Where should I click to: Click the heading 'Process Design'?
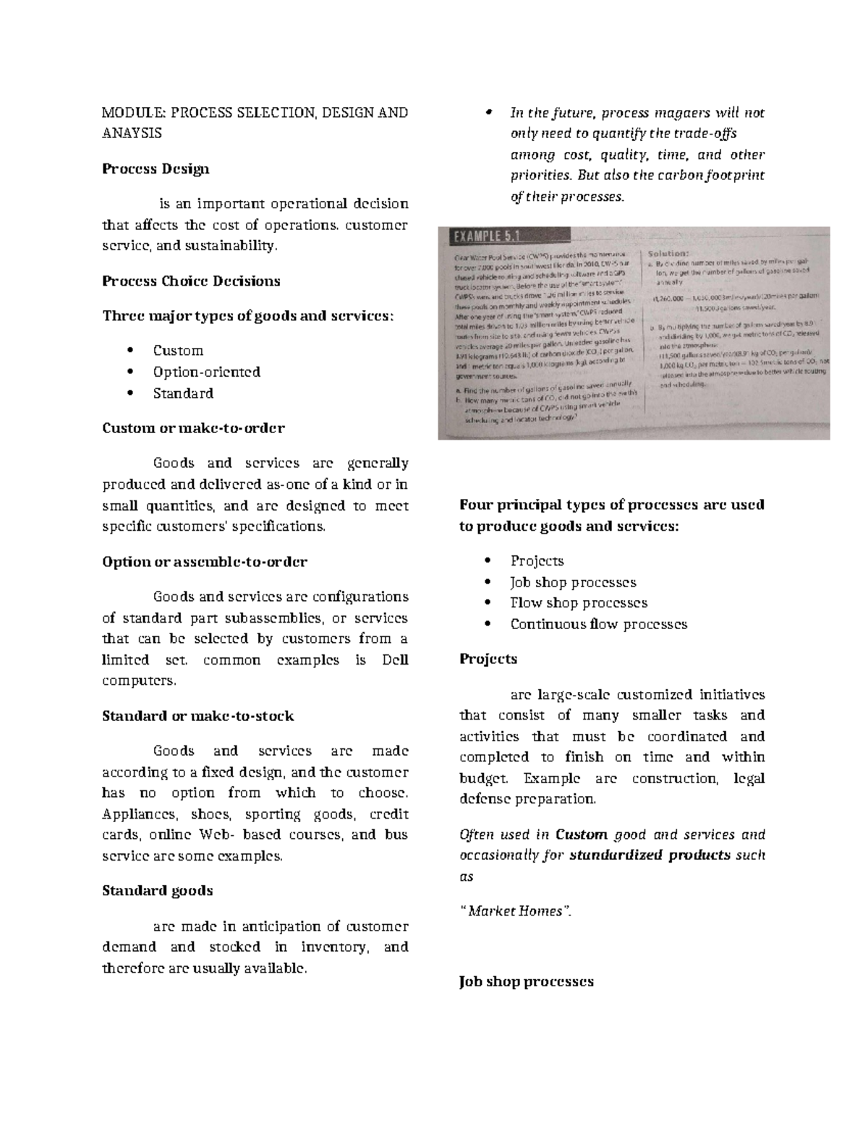156,169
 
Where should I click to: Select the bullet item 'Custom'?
178,351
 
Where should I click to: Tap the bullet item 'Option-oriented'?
206,372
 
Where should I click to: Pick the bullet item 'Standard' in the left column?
183,393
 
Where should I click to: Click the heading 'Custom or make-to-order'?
193,428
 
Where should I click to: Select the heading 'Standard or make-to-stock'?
198,716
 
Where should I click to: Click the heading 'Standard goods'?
158,891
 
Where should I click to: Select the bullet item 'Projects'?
537,561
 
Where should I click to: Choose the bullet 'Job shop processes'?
573,582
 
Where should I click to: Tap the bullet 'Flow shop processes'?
579,603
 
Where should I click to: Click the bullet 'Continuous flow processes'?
598,624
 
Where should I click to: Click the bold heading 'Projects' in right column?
488,659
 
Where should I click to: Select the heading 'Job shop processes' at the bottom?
526,982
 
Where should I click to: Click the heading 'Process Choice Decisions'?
191,281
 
